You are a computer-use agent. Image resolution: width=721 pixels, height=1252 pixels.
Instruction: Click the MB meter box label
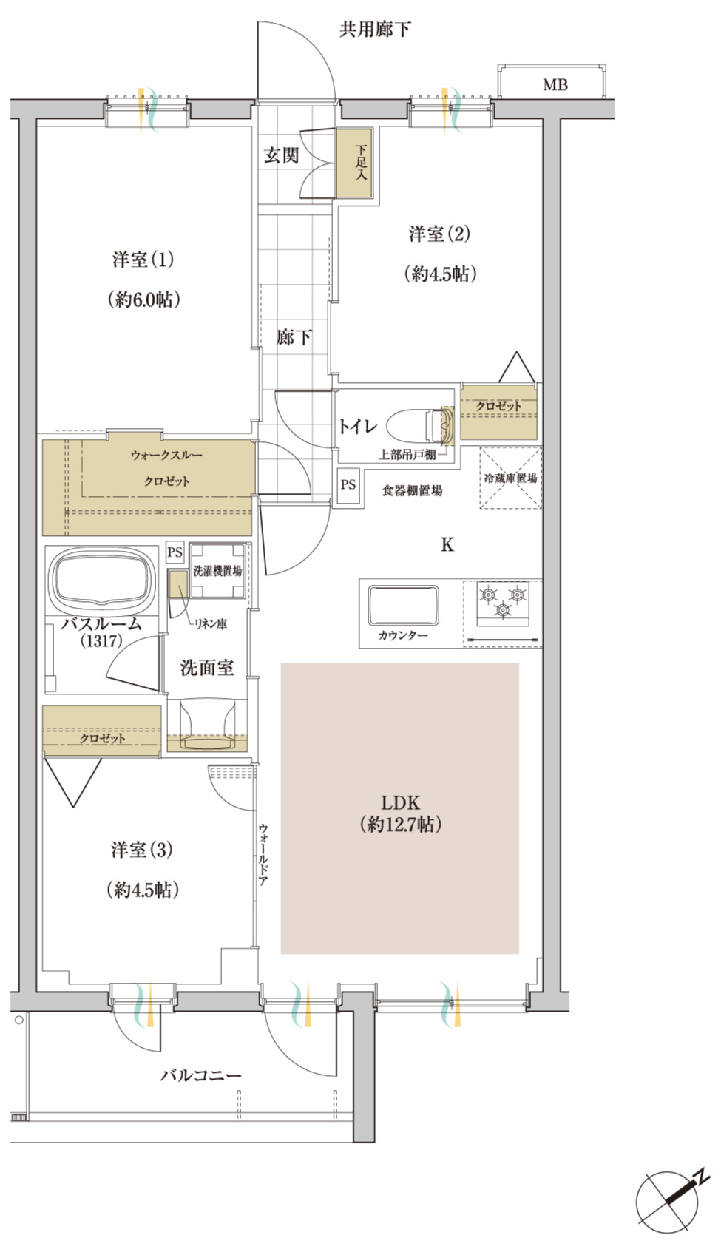[x=555, y=85]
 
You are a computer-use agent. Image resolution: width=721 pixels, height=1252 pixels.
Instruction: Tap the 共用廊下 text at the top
[x=375, y=30]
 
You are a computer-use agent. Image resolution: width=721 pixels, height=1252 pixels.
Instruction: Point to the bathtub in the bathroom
[x=102, y=578]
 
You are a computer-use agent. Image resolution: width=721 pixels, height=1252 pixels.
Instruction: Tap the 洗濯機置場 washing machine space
[x=217, y=571]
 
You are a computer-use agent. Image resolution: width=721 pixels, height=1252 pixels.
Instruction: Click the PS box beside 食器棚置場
[x=348, y=484]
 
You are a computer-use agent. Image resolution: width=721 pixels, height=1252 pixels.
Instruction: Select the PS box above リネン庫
[x=175, y=552]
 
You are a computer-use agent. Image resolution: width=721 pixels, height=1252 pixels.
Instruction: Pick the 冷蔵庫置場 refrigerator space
[x=510, y=478]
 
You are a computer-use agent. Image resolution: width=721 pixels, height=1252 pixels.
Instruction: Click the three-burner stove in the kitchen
[x=502, y=603]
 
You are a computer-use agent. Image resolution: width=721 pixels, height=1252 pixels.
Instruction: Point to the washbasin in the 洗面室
[x=207, y=725]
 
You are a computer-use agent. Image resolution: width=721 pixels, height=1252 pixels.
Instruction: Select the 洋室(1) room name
[x=143, y=260]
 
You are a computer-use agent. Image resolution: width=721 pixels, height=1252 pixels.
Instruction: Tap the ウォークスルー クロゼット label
[x=166, y=468]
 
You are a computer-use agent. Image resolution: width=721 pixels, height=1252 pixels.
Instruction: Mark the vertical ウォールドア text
[x=263, y=855]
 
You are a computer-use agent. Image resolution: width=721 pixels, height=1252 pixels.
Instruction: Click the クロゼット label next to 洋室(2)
[x=498, y=405]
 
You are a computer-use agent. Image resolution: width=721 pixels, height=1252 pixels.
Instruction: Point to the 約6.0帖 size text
[x=143, y=300]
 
